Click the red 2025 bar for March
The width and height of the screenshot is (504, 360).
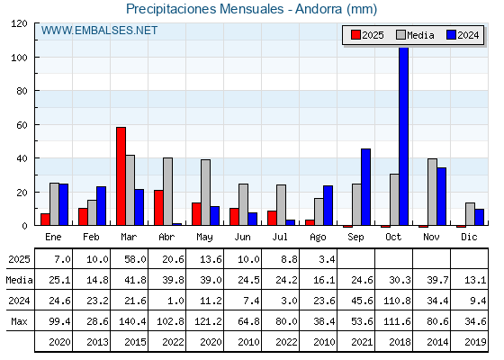coord(121,176)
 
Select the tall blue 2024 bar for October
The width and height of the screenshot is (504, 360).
coord(404,136)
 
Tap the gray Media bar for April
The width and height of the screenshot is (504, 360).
coord(167,192)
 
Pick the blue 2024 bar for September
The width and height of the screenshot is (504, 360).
coord(365,187)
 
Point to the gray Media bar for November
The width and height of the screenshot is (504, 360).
coord(432,192)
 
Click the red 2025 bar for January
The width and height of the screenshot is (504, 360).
coord(45,220)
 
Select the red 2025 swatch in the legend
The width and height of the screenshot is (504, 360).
coord(355,35)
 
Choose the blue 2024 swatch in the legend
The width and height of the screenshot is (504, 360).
coord(451,35)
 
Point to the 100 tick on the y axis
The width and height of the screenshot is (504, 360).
coord(36,58)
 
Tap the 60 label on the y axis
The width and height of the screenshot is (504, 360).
coord(22,125)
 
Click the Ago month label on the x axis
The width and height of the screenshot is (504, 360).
coord(318,238)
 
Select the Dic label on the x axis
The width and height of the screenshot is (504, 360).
coord(469,237)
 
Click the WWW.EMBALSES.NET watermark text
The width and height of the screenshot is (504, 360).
coord(99,31)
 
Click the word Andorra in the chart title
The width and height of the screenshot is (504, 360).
coord(319,9)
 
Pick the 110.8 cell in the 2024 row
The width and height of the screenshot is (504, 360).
coord(397,301)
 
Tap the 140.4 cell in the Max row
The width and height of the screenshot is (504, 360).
coord(132,321)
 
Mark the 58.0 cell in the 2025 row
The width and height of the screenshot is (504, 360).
coord(135,259)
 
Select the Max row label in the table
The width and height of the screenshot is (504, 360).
coord(19,321)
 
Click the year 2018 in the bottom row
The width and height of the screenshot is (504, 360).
coord(400,342)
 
